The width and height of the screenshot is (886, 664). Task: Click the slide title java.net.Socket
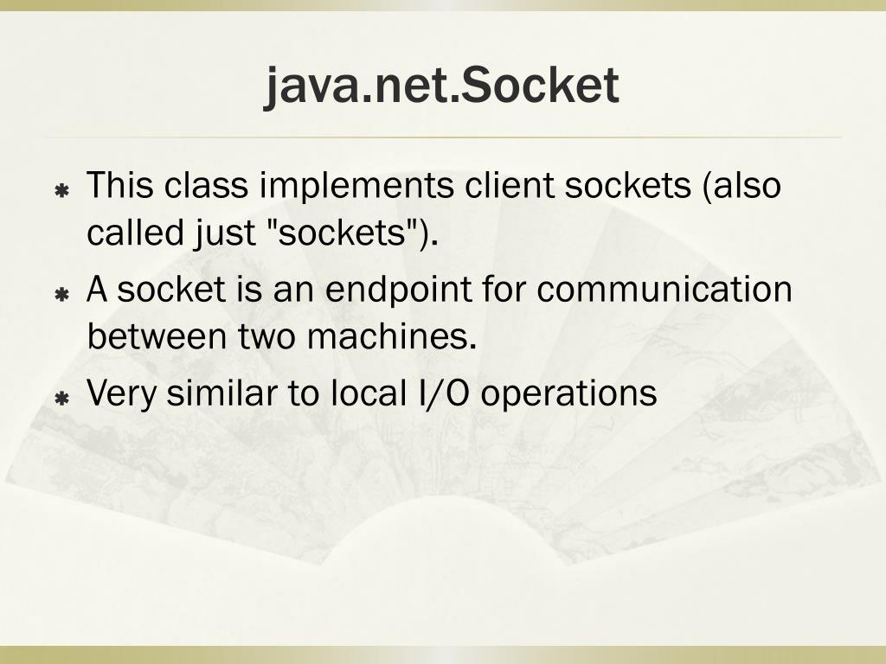[x=442, y=86]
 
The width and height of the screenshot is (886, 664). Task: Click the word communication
[x=664, y=290]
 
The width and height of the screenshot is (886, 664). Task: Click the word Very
[x=122, y=394]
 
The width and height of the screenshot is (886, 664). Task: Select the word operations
[x=568, y=394]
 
